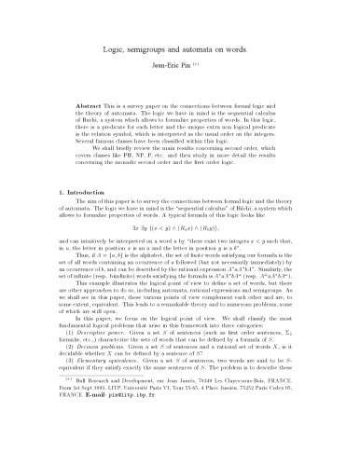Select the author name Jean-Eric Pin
pos(173,69)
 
